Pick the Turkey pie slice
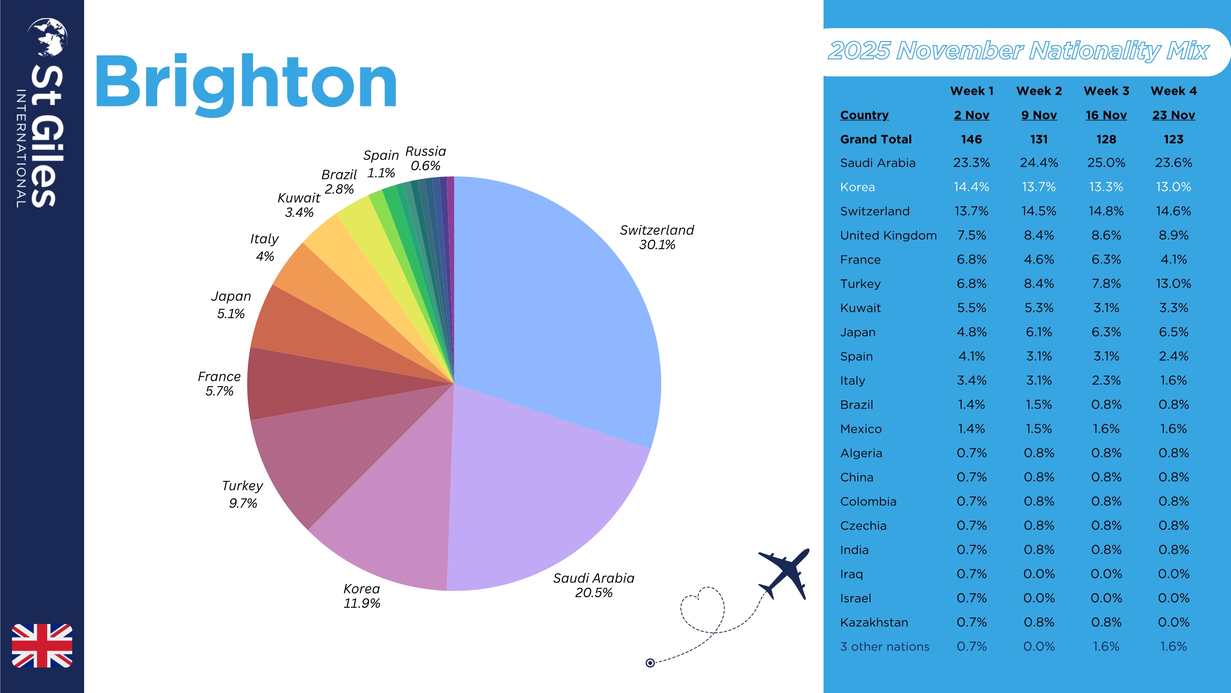pos(325,449)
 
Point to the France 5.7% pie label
pos(220,384)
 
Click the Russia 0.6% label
pos(425,158)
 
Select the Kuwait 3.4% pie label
pos(299,205)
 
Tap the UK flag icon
pos(42,645)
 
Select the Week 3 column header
pos(1106,91)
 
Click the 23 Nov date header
pos(1173,115)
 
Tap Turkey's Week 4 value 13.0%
pos(1173,283)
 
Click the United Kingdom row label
pos(888,235)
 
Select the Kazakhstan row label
pos(874,622)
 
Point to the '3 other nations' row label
pos(885,647)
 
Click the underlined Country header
pos(864,115)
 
